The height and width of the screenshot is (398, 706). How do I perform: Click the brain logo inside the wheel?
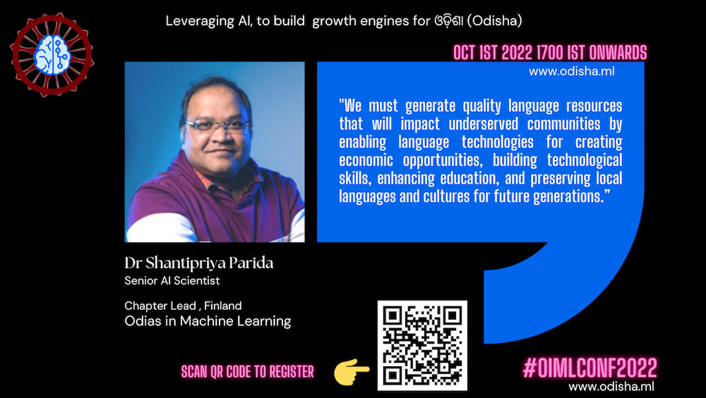coord(52,54)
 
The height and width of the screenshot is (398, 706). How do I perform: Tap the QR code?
coord(422,345)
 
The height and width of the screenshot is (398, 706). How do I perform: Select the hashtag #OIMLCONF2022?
coord(590,367)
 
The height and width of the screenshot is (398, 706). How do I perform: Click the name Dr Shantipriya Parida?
coord(199,263)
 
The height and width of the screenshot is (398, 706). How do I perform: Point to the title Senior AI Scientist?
coord(172,281)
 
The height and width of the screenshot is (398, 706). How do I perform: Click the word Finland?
coord(223,306)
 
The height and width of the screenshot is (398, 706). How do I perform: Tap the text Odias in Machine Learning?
coord(208,321)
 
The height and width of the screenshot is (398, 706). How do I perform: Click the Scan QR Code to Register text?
coord(248,372)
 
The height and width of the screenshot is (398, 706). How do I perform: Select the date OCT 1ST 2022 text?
coord(493,53)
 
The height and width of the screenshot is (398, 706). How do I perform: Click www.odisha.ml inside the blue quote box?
coord(571,71)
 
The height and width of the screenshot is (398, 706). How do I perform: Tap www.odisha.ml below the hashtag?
coord(611,386)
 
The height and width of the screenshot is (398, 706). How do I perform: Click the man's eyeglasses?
coord(217,125)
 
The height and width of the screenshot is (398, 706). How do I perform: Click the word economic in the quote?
coord(366,160)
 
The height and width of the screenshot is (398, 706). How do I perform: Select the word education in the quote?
coord(469,178)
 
